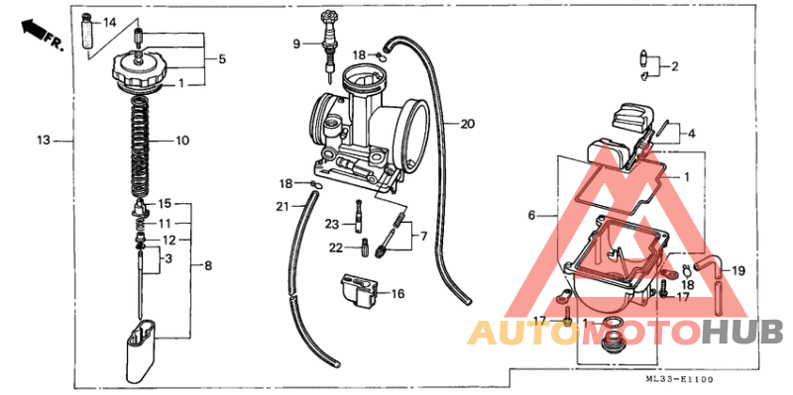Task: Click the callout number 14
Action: point(109,22)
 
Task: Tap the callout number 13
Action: point(44,141)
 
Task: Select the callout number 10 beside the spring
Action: point(181,141)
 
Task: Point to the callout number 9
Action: point(295,44)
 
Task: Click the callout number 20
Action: point(467,124)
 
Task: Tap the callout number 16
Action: point(397,294)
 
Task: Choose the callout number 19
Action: point(738,269)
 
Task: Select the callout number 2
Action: point(674,67)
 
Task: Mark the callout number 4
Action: point(691,133)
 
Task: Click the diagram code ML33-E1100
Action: point(679,380)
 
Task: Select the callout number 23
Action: point(331,224)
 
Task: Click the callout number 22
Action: point(335,247)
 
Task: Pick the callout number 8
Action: point(208,265)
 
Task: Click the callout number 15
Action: point(165,203)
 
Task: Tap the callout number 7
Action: point(423,237)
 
